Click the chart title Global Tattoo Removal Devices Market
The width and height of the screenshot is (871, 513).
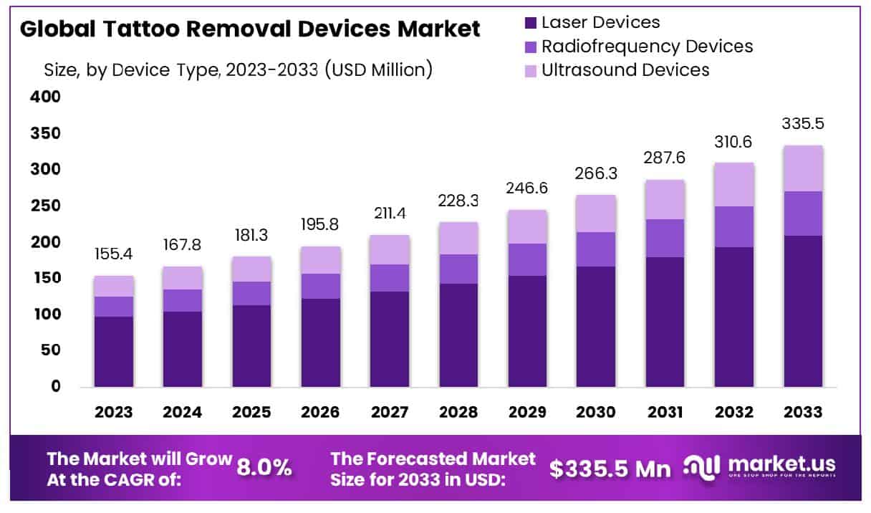point(250,29)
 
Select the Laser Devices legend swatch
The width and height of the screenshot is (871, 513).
point(531,23)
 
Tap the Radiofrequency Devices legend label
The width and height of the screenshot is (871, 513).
point(647,47)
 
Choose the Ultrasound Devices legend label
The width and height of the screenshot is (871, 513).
point(625,69)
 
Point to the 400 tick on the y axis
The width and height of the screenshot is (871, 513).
point(45,97)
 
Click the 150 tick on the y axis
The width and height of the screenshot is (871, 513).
point(45,278)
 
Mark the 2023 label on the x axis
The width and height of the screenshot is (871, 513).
point(113,413)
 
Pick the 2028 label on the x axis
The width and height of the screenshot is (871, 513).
point(458,413)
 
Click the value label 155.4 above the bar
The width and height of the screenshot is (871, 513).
point(113,255)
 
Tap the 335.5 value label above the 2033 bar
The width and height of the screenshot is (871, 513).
point(803,123)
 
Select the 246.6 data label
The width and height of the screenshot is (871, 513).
point(527,188)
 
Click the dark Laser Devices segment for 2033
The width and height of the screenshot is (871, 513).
point(803,311)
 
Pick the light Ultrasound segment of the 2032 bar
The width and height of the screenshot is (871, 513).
point(734,185)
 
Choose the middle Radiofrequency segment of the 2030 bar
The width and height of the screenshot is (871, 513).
point(596,249)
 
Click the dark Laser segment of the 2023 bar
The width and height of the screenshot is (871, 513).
point(113,352)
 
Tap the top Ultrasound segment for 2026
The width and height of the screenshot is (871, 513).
point(320,260)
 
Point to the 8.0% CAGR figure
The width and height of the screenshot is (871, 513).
point(264,468)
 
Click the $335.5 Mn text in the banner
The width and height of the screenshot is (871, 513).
point(610,469)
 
